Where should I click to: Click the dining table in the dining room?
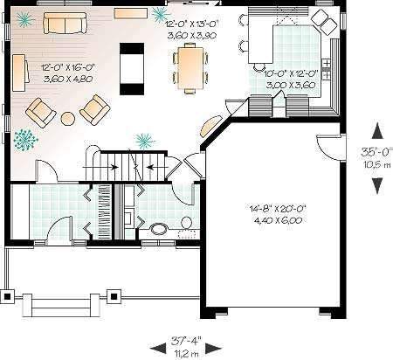coord(190,67)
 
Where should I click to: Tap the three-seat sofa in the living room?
coord(65,24)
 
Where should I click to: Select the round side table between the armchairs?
coord(67,118)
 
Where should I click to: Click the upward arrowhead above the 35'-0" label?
coord(377,131)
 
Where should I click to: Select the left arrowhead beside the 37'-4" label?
coord(159,349)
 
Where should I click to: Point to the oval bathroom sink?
coord(159,228)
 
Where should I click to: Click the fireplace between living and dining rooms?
coord(132,69)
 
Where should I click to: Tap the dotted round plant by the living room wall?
coord(25,140)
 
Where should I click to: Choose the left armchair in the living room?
coord(41,113)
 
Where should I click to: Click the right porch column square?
coord(114,297)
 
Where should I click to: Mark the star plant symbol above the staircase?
coord(145,142)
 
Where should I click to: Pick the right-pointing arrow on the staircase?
coord(100,167)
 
